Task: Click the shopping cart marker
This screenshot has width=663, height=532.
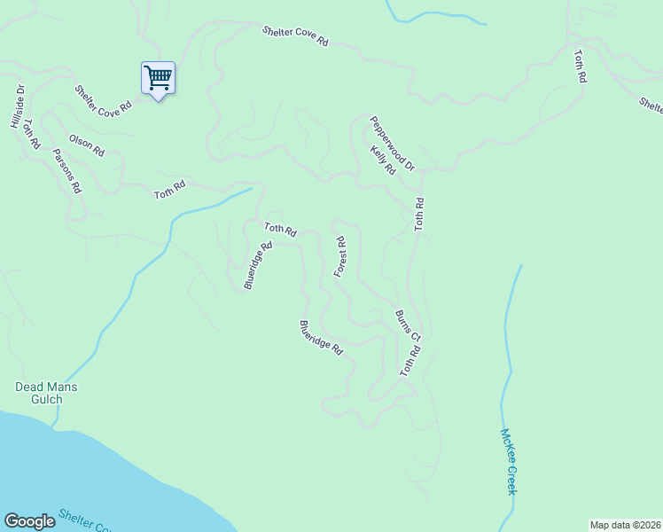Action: [x=158, y=78]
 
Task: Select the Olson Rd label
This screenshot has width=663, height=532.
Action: [x=86, y=145]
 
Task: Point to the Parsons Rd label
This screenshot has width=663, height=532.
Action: [x=66, y=170]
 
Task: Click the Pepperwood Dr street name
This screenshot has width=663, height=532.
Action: [x=392, y=143]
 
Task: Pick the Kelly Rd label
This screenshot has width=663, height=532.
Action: [x=383, y=160]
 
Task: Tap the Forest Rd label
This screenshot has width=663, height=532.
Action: [x=340, y=256]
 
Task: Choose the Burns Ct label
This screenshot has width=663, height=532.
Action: [x=408, y=325]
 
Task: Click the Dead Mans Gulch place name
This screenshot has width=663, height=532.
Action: [x=46, y=393]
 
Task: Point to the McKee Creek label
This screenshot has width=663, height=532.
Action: [x=508, y=462]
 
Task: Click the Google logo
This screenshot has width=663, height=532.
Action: [x=29, y=521]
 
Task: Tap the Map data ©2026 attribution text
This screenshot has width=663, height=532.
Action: [x=625, y=524]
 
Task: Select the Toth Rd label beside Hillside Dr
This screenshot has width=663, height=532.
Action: [x=32, y=133]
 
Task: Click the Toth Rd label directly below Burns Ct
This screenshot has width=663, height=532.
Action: [x=409, y=362]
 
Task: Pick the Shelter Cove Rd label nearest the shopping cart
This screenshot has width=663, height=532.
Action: [x=103, y=98]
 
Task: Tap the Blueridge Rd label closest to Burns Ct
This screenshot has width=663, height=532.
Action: [x=321, y=338]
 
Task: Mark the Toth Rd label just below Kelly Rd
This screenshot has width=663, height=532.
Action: [x=420, y=215]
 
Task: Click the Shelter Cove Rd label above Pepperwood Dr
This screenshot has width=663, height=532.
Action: [x=295, y=36]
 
